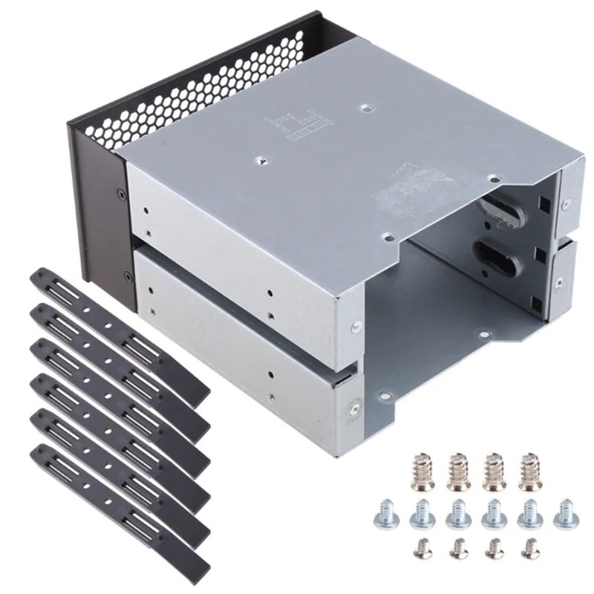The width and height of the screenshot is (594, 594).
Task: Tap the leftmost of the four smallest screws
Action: tap(422, 550)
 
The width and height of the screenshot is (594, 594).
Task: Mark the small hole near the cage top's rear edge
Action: tap(365, 108)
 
